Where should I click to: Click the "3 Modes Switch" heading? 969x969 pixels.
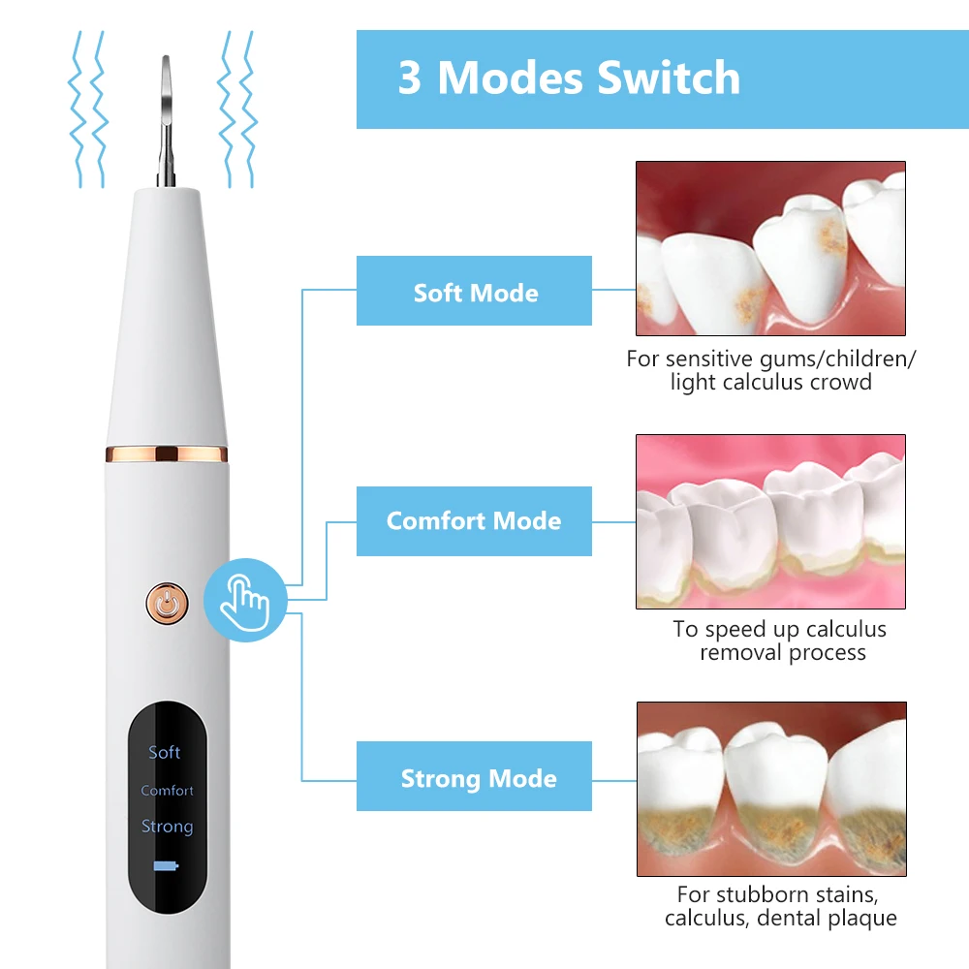(x=569, y=78)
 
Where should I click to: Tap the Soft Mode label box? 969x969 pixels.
(x=475, y=292)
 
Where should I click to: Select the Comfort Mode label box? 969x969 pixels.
(x=474, y=520)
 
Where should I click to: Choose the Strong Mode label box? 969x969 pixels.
(x=475, y=778)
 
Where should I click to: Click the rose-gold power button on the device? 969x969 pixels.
(x=168, y=603)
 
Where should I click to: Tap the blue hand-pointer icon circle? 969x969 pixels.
(x=245, y=601)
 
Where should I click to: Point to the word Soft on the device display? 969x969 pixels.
(x=165, y=752)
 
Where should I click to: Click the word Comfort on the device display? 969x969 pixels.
(x=167, y=791)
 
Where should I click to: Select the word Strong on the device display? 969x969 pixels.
(x=167, y=827)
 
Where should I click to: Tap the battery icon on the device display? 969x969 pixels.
(x=166, y=866)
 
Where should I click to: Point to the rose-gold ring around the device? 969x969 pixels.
(x=166, y=453)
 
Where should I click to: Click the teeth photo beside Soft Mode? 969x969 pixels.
(x=770, y=248)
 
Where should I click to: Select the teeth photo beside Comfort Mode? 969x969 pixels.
(x=770, y=521)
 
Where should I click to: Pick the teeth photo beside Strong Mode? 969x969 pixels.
(x=770, y=789)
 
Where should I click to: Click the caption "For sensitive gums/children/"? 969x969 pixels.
(x=770, y=359)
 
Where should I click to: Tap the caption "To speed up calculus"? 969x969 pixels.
(x=779, y=629)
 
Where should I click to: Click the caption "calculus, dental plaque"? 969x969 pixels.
(x=780, y=918)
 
